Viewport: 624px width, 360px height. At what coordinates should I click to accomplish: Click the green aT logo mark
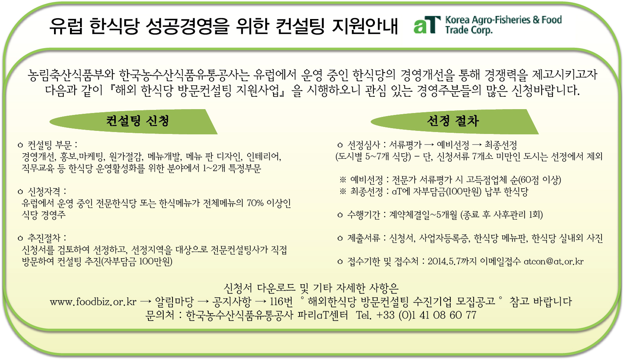click(x=427, y=25)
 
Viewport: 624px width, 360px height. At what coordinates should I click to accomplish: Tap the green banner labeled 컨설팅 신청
click(x=134, y=122)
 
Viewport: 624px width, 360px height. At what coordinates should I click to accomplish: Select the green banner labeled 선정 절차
click(x=455, y=122)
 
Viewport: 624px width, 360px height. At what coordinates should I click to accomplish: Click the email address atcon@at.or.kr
click(x=554, y=261)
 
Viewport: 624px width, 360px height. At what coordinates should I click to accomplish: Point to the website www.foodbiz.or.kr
click(x=93, y=301)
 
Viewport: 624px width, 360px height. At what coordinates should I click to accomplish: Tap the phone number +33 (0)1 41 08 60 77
click(x=426, y=315)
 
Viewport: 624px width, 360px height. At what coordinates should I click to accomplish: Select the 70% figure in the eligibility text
click(x=255, y=203)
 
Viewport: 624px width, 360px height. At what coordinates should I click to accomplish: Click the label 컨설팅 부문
click(x=50, y=145)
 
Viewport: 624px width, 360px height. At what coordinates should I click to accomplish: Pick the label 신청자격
click(x=44, y=191)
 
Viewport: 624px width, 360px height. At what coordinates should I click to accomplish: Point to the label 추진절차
click(x=44, y=238)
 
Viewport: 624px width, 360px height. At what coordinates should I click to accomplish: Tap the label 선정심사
click(x=364, y=145)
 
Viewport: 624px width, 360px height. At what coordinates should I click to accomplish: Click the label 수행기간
click(x=364, y=215)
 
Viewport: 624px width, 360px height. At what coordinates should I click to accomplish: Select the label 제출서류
click(x=364, y=238)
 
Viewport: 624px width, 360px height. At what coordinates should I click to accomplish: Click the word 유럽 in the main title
click(x=66, y=26)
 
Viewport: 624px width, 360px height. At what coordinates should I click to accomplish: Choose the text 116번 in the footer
click(x=281, y=301)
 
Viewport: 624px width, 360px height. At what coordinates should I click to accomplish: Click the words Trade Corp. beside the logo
click(x=469, y=30)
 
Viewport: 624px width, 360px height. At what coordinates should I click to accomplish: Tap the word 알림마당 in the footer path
click(x=174, y=301)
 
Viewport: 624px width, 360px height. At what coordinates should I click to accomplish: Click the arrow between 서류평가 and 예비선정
click(x=429, y=145)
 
